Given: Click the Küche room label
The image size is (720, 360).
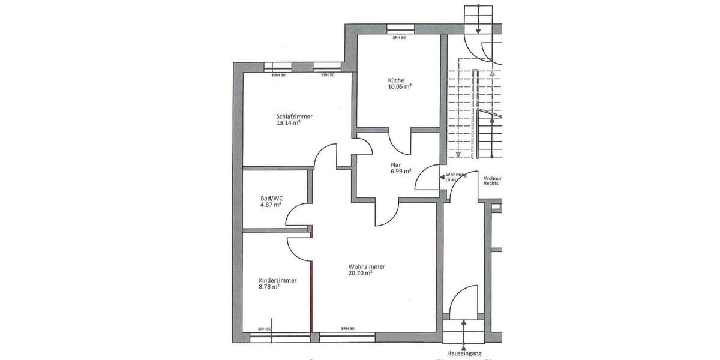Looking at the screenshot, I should pyautogui.click(x=396, y=80).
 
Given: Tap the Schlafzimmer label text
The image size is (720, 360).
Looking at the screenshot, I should pyautogui.click(x=294, y=116).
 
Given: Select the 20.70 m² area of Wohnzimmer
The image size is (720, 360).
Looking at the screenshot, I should pyautogui.click(x=360, y=273).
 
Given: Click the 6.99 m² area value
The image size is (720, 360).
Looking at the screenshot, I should pyautogui.click(x=400, y=171).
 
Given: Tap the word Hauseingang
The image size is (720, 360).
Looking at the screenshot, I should pyautogui.click(x=464, y=354).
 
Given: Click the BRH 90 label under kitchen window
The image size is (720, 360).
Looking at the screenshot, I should pyautogui.click(x=399, y=37).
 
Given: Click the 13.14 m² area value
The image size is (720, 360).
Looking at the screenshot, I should pyautogui.click(x=288, y=123).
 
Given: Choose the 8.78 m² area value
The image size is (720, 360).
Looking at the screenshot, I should pyautogui.click(x=269, y=287).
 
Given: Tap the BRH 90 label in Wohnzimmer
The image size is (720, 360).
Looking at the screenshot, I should pyautogui.click(x=347, y=328).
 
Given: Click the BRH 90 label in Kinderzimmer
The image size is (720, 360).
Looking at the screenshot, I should pyautogui.click(x=265, y=328).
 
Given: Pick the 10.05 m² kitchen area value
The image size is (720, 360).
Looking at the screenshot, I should pyautogui.click(x=400, y=87).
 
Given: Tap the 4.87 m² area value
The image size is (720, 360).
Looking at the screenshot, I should pyautogui.click(x=271, y=205).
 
